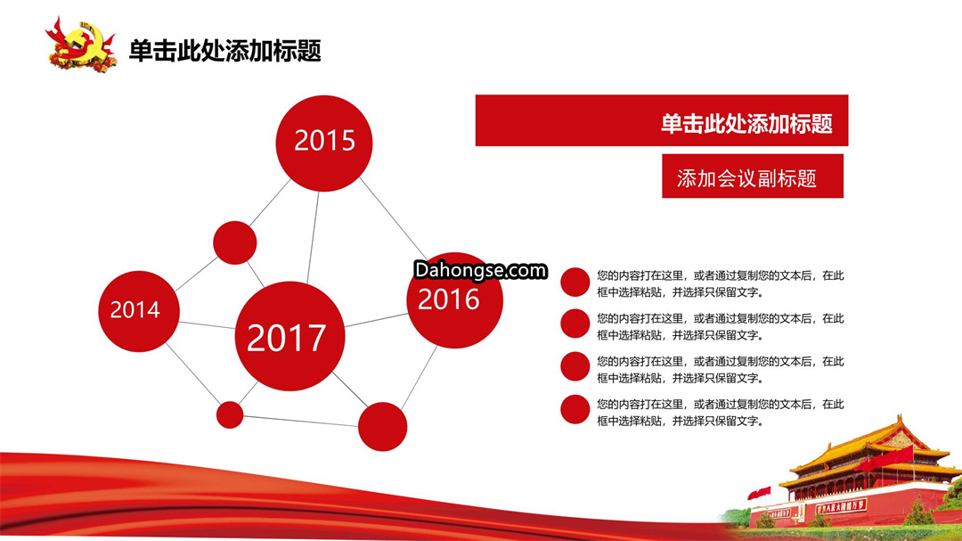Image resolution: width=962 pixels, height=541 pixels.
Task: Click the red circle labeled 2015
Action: click(x=324, y=143)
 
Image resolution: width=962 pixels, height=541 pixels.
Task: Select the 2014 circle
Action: click(x=139, y=311)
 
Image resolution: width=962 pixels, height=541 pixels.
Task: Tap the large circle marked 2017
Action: click(x=289, y=337)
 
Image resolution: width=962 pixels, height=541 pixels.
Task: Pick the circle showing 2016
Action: click(x=454, y=300)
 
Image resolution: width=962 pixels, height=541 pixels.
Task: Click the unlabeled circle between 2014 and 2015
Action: click(x=235, y=243)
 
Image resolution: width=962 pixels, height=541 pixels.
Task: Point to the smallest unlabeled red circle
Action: click(x=230, y=415)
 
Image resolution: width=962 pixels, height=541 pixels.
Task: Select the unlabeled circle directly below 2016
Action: click(x=382, y=427)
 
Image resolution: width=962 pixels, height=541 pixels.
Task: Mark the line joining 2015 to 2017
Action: click(x=313, y=238)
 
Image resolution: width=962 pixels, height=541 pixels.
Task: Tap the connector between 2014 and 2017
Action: click(x=207, y=324)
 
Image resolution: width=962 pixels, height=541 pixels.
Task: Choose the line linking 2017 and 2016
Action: click(x=376, y=320)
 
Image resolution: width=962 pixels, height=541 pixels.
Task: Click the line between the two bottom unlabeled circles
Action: click(x=301, y=421)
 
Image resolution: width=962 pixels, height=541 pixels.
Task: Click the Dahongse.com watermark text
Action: click(x=480, y=270)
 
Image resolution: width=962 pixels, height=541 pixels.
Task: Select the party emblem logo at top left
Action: click(x=81, y=45)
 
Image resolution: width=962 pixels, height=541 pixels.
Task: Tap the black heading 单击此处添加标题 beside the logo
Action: click(x=225, y=51)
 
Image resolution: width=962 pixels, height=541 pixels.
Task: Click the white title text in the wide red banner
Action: click(x=746, y=123)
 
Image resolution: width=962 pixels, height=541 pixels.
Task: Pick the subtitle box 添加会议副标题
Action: click(x=753, y=176)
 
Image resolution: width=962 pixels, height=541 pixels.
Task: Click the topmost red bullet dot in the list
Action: click(x=575, y=283)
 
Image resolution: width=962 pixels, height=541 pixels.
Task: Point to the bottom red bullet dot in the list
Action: click(x=575, y=410)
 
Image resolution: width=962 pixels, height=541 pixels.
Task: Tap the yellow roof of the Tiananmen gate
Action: click(x=871, y=447)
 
